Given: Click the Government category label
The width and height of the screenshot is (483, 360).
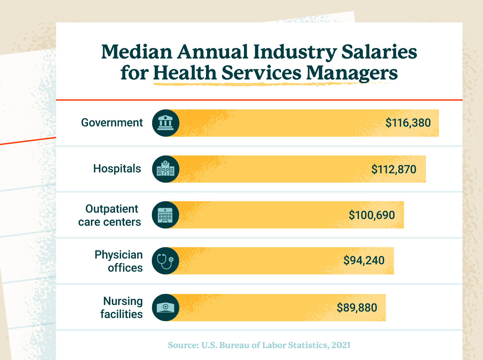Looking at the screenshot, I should click(112, 123).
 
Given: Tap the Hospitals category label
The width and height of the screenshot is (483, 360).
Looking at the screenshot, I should click(117, 169).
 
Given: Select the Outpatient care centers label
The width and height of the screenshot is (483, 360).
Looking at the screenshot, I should click(110, 215).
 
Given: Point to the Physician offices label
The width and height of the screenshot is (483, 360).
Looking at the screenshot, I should click(119, 261).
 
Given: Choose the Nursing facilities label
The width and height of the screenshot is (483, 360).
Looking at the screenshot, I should click(121, 308).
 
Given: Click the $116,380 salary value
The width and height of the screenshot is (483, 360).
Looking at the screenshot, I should click(408, 123).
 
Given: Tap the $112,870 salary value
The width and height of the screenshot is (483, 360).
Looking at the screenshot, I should click(394, 169).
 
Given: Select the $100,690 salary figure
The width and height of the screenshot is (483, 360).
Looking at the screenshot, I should click(372, 215).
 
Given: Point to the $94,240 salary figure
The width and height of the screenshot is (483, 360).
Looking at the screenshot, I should click(364, 261).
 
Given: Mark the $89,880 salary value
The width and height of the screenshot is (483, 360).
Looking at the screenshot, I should click(357, 308).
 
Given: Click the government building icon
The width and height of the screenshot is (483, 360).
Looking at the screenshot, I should click(166, 123).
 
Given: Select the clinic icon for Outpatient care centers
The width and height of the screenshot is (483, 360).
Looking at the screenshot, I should click(165, 215).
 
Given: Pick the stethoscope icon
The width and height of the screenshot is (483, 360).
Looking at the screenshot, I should click(166, 261).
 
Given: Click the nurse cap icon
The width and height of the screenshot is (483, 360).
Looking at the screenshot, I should click(166, 307).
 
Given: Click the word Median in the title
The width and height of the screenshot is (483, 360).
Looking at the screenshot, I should click(136, 52).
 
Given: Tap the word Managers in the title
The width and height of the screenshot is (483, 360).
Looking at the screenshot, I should click(352, 73).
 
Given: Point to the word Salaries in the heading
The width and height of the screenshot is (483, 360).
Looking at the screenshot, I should click(379, 52).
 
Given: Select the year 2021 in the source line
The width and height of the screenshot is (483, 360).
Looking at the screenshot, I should click(341, 345).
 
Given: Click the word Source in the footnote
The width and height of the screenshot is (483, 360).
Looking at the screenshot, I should click(183, 345).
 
